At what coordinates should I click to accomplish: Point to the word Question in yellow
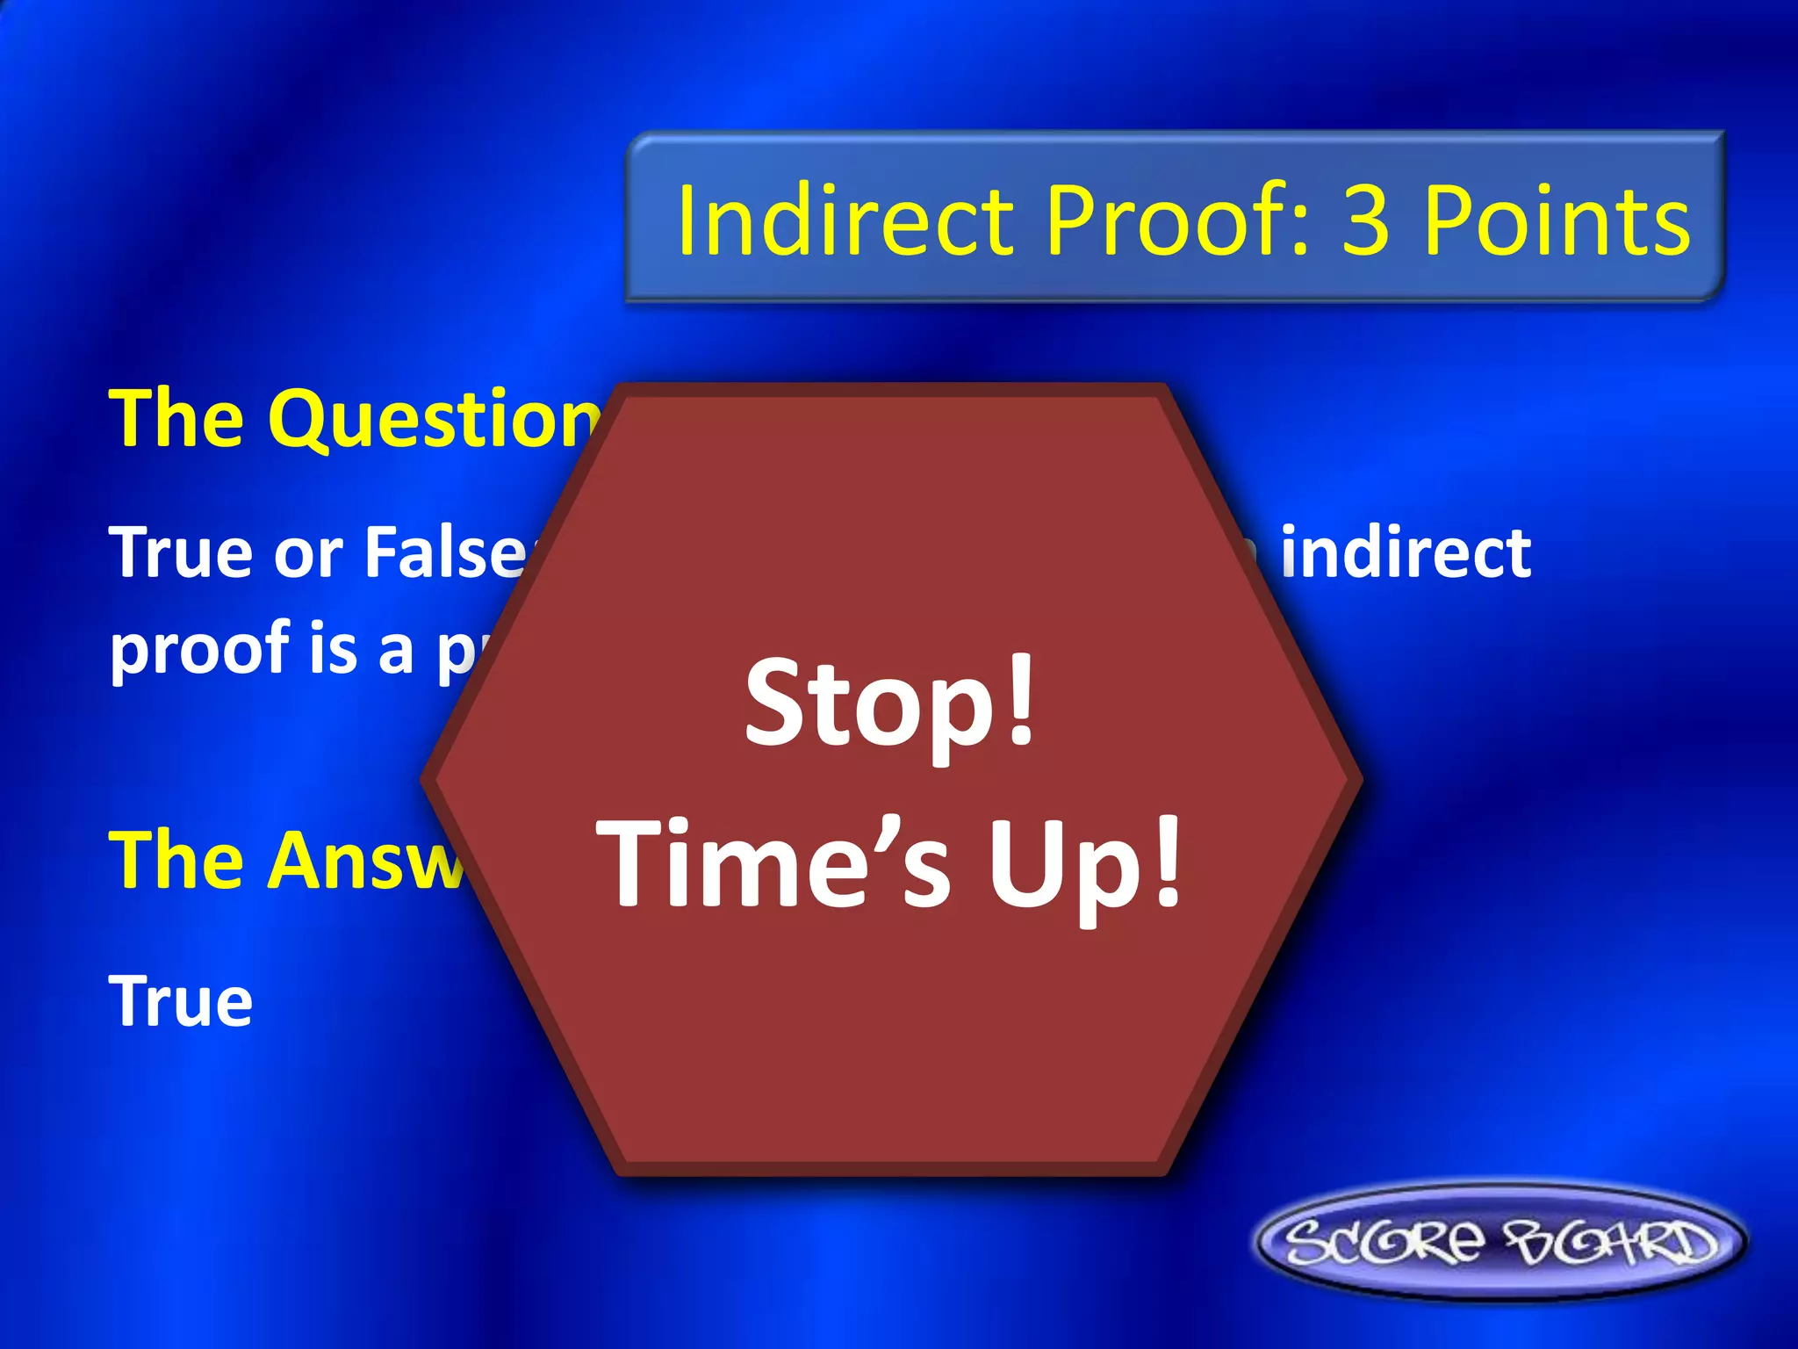point(439,420)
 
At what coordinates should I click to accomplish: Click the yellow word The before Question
point(176,420)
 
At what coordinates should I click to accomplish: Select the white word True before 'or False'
point(181,553)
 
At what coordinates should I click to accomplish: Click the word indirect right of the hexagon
point(1405,553)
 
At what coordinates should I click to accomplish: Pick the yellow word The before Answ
point(176,861)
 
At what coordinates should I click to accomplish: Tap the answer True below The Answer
point(181,1001)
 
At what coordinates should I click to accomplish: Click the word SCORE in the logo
point(1387,1242)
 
